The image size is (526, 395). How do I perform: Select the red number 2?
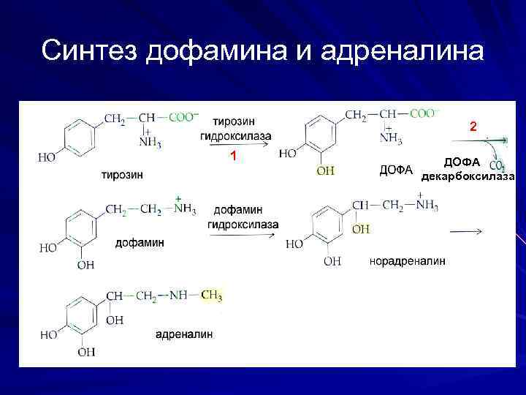click(473, 127)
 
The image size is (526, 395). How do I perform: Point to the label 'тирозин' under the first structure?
click(122, 174)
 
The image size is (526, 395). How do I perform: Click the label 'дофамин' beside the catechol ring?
click(140, 242)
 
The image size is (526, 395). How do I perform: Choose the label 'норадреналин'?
click(408, 260)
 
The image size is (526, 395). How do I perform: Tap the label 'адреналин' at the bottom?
click(184, 334)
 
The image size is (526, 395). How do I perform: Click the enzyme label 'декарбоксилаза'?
click(468, 176)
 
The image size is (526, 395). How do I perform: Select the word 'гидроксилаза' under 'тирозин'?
click(236, 136)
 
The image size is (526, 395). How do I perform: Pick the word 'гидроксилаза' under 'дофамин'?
click(243, 224)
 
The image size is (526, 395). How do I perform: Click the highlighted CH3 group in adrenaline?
click(211, 296)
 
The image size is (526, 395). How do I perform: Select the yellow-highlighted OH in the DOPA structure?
click(326, 171)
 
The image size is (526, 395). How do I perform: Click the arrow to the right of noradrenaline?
click(465, 232)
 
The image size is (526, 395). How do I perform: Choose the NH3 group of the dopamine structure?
click(184, 209)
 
